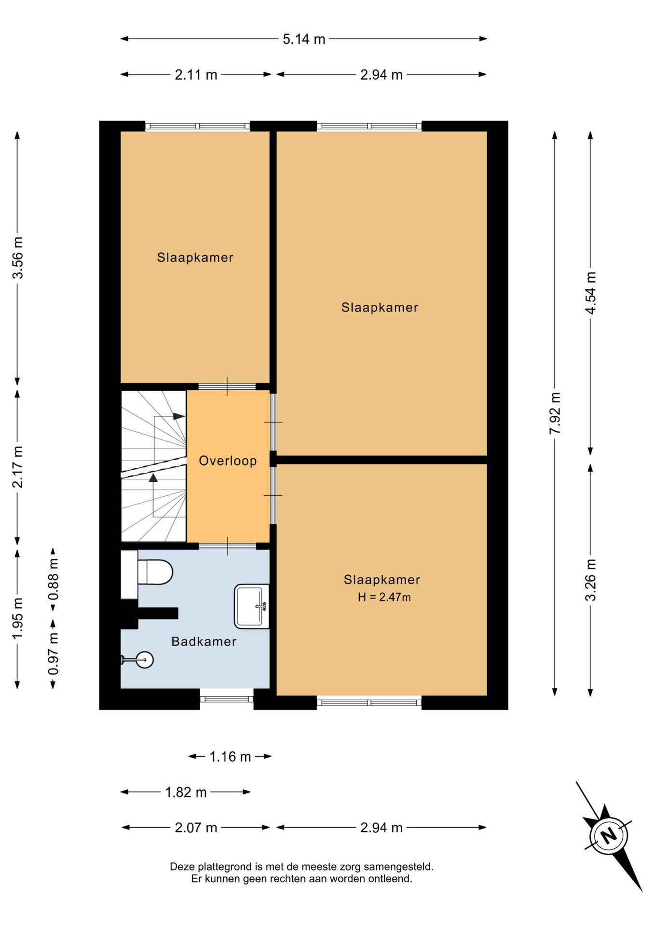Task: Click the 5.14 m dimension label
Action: (x=304, y=39)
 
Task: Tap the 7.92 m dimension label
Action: (x=555, y=413)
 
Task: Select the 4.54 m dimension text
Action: (x=590, y=293)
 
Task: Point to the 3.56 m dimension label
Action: (x=18, y=258)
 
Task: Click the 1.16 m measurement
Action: (x=230, y=757)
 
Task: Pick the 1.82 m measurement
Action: (x=186, y=792)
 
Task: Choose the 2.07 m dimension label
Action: (x=196, y=828)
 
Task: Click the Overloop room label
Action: (x=228, y=461)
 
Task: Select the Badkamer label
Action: (x=204, y=641)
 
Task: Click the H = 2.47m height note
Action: (x=384, y=597)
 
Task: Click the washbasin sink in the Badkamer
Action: (x=252, y=606)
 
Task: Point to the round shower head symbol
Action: (x=144, y=659)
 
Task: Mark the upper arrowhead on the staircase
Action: (x=179, y=416)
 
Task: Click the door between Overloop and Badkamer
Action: (x=228, y=546)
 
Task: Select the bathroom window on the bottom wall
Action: (x=227, y=698)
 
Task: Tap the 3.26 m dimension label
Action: (x=590, y=580)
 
